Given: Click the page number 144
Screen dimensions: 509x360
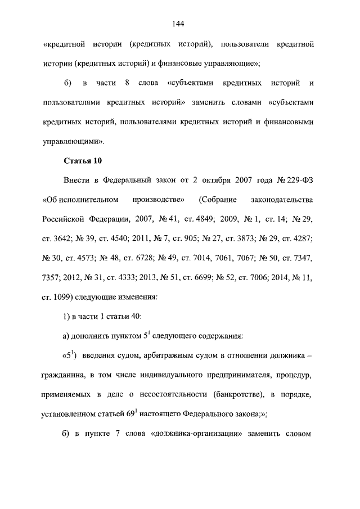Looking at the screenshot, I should click(x=179, y=24).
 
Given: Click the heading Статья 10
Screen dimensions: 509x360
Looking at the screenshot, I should click(x=83, y=161).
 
